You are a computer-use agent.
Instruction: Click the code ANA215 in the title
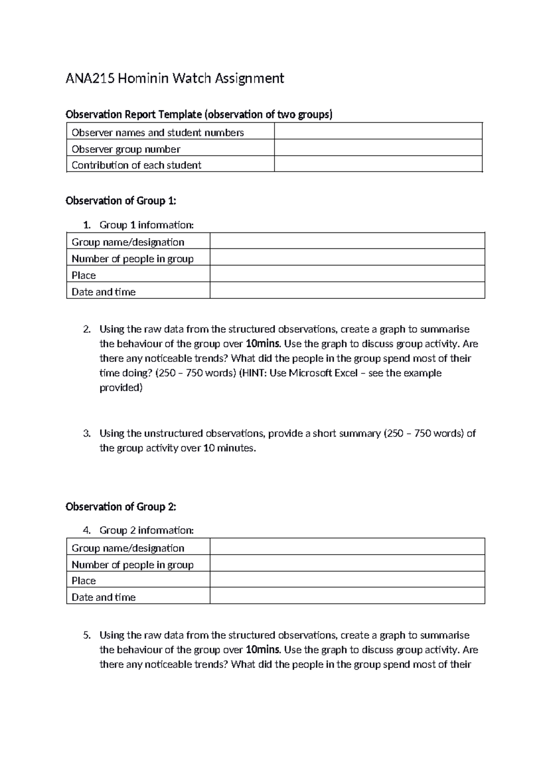pyautogui.click(x=90, y=79)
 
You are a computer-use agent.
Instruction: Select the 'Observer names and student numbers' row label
pyautogui.click(x=157, y=133)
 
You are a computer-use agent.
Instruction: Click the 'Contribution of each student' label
pyautogui.click(x=136, y=165)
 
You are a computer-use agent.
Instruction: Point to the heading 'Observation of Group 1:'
pyautogui.click(x=121, y=201)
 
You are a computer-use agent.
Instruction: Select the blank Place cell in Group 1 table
pyautogui.click(x=347, y=274)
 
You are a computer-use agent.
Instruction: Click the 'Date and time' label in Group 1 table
pyautogui.click(x=103, y=292)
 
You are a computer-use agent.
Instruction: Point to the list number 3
pyautogui.click(x=87, y=433)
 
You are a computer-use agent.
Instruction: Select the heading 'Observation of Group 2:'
pyautogui.click(x=121, y=507)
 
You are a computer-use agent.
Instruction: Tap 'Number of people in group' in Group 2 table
pyautogui.click(x=133, y=565)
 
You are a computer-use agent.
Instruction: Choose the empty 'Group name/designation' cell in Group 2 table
pyautogui.click(x=347, y=547)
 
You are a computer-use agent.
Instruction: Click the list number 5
pyautogui.click(x=87, y=635)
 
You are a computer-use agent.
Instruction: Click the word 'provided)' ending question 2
pyautogui.click(x=121, y=388)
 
